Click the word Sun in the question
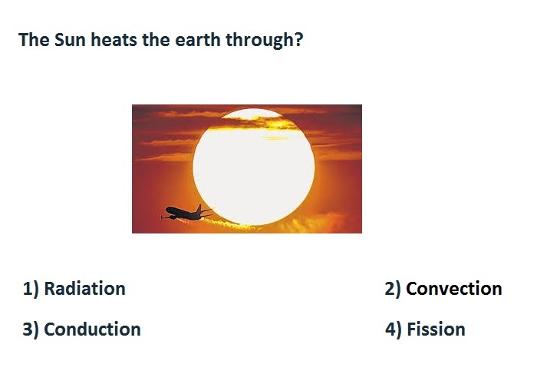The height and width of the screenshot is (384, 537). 70,39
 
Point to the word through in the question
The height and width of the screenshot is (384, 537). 260,41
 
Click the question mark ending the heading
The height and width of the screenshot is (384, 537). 298,39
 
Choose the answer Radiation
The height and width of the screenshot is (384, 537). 85,288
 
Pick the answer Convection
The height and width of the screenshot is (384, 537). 454,288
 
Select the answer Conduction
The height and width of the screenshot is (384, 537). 93,329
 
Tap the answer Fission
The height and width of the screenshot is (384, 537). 436,329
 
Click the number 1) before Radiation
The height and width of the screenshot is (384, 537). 31,289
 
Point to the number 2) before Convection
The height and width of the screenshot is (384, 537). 393,289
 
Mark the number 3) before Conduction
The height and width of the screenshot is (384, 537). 31,329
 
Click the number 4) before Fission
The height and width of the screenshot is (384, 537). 393,329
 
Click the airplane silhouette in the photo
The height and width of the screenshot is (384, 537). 186,214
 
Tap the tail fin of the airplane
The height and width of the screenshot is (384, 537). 199,208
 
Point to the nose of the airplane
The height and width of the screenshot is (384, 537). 166,208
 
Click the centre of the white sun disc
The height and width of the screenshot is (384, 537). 253,167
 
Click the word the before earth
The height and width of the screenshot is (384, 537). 156,39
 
